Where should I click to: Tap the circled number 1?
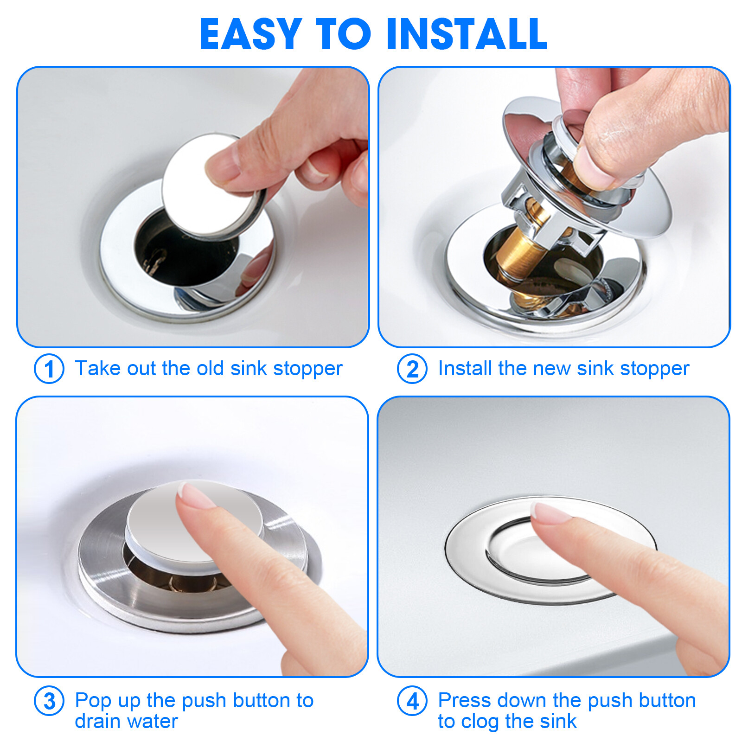point(49,369)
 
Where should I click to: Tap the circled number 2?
point(412,369)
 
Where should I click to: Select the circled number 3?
point(49,701)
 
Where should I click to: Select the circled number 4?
point(412,701)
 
